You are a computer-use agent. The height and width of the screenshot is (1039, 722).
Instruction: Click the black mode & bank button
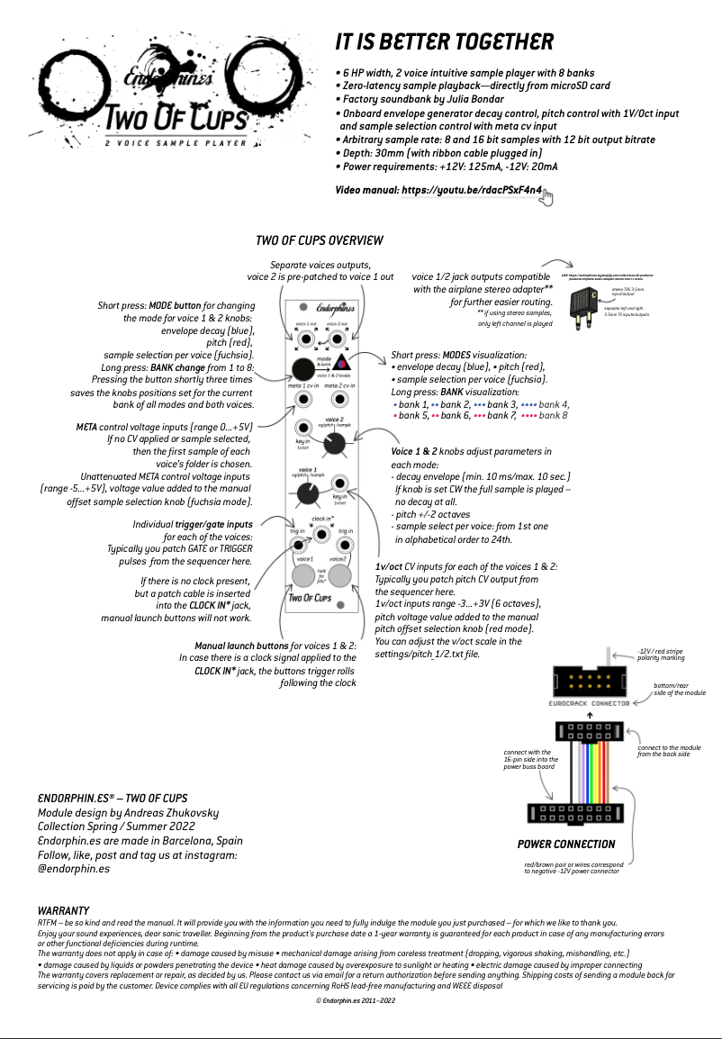[302, 369]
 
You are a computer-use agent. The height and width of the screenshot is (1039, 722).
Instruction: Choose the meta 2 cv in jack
[339, 399]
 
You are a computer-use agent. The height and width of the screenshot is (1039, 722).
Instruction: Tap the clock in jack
[321, 533]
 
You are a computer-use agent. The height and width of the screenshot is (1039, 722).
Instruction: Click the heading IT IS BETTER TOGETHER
[444, 41]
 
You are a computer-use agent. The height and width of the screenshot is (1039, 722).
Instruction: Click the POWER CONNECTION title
[566, 844]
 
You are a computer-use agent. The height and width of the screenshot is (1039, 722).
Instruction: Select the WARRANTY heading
[63, 911]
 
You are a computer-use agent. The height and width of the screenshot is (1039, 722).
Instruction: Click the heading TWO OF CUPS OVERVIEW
[320, 240]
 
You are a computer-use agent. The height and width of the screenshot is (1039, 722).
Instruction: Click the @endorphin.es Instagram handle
[74, 869]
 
